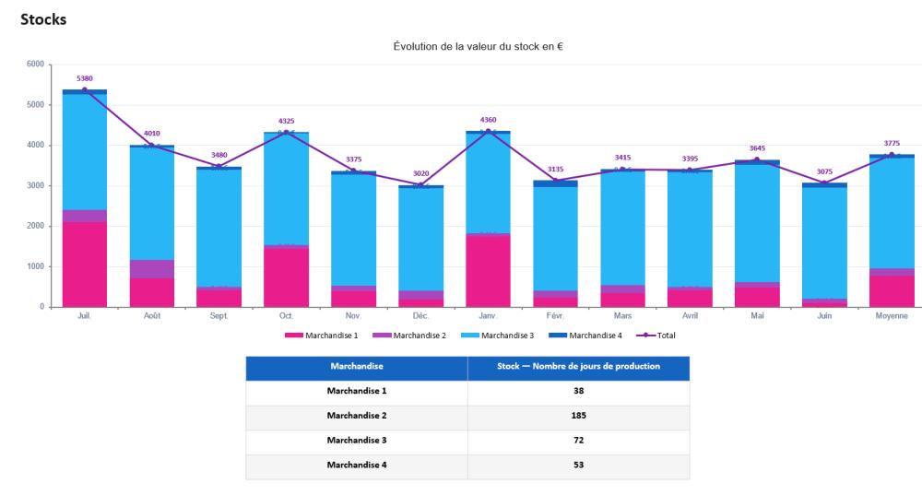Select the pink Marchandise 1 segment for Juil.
84,264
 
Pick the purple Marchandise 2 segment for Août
151,269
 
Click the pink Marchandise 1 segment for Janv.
488,271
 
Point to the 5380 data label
84,78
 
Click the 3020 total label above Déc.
420,173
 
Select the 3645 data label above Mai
757,148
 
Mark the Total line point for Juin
824,183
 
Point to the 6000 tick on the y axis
35,65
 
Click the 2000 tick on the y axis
35,226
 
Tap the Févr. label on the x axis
555,315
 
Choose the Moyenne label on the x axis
892,315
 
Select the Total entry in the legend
664,335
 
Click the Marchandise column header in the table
357,366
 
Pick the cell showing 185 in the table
578,416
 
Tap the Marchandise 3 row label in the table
357,441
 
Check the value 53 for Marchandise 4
578,466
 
